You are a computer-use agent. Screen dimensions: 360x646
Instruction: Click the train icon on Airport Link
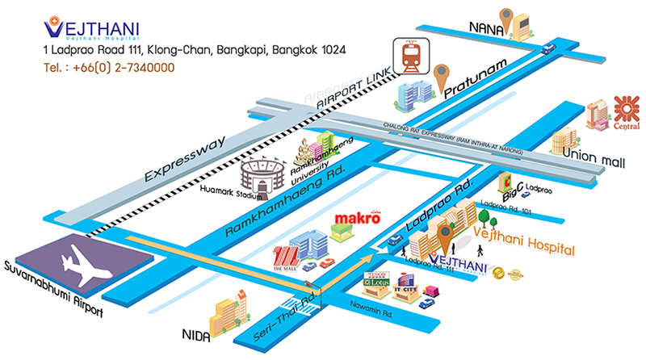(x=410, y=56)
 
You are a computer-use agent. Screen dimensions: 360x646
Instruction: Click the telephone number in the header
(x=109, y=68)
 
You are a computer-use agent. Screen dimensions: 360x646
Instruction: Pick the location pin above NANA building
(x=507, y=15)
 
